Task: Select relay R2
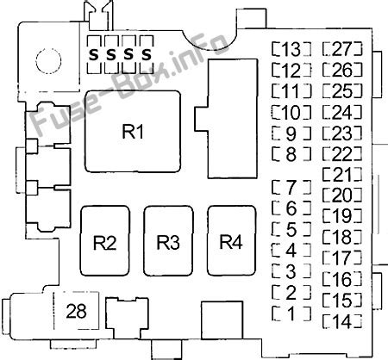(105, 242)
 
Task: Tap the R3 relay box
(169, 242)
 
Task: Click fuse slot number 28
(77, 311)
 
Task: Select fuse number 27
(341, 48)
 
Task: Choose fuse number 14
(341, 321)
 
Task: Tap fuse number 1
(290, 313)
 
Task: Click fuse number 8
(290, 154)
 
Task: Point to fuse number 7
(290, 186)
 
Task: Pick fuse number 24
(341, 112)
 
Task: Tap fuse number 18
(341, 237)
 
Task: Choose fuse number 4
(290, 250)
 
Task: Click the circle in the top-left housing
(46, 59)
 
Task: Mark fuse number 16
(341, 279)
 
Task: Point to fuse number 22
(341, 154)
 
